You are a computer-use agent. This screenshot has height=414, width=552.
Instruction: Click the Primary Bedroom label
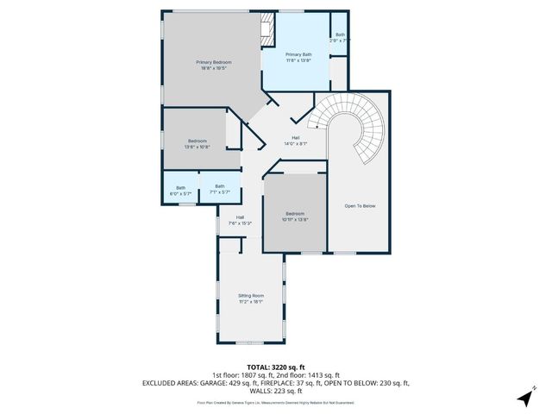pos(213,62)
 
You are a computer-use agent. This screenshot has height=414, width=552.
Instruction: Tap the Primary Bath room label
pos(298,54)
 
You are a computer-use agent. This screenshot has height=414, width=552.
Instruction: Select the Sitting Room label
pos(251,296)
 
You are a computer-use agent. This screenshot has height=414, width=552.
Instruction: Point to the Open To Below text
pos(360,206)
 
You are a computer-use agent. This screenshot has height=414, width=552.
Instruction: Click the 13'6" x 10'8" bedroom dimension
pos(198,147)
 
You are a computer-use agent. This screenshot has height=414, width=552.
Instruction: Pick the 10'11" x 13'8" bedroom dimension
pos(294,219)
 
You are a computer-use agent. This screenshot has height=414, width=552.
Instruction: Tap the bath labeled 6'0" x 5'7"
pos(180,193)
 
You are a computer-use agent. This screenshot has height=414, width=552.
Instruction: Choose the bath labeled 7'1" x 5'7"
pos(220,191)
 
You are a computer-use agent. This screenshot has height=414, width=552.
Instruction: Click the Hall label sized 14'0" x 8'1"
pos(295,143)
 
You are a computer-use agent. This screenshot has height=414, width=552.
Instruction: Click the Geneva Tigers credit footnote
pos(276,402)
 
